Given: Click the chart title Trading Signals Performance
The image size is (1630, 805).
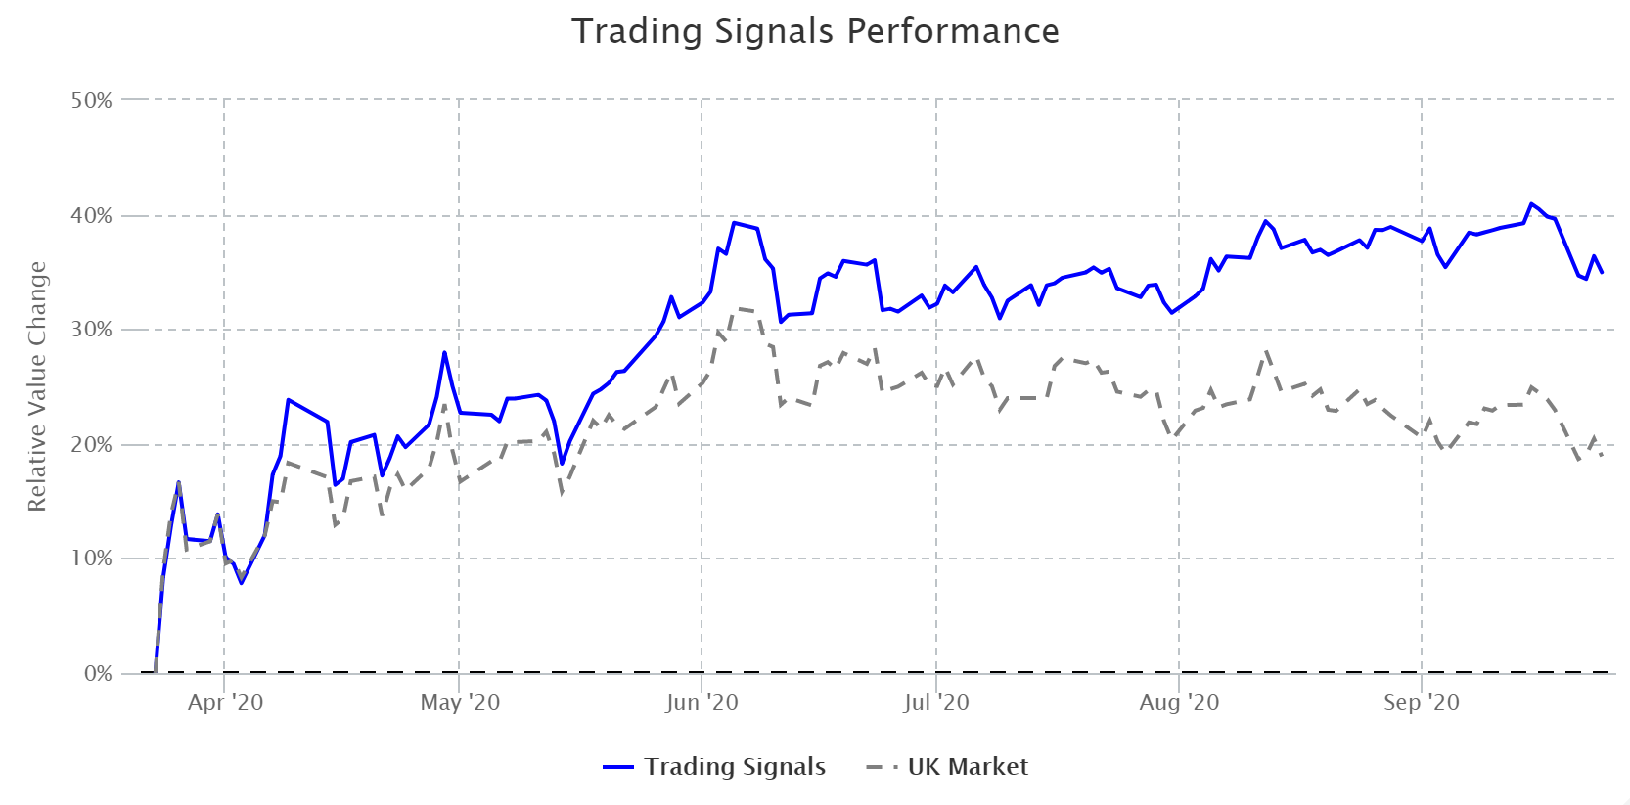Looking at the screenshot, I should (x=815, y=31).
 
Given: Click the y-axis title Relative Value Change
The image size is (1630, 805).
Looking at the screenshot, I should (x=37, y=386).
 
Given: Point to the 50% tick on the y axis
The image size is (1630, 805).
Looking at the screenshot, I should (x=91, y=100).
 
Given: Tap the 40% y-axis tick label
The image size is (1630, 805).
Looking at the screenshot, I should (x=91, y=215).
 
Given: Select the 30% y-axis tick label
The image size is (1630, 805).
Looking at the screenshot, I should (x=91, y=330).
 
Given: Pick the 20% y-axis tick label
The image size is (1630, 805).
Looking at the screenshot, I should (x=91, y=444).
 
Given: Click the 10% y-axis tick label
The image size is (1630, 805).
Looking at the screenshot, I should (x=91, y=559).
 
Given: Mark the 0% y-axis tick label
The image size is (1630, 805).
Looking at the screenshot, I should (x=97, y=673).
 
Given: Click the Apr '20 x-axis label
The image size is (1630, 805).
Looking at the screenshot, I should (x=225, y=702).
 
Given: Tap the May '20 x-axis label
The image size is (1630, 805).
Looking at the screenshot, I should (x=460, y=702).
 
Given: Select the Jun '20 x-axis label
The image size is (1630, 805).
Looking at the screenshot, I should (x=702, y=702).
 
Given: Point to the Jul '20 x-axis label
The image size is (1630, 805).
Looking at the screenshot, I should (x=936, y=702).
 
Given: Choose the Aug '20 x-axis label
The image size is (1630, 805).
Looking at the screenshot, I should (x=1179, y=702).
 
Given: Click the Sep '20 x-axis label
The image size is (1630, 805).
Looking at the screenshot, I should (x=1421, y=702).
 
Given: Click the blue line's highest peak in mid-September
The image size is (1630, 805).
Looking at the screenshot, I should (x=1531, y=204).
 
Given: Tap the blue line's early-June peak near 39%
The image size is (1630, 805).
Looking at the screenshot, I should (x=734, y=223).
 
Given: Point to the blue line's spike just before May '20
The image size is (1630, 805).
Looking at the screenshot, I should (x=444, y=352).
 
